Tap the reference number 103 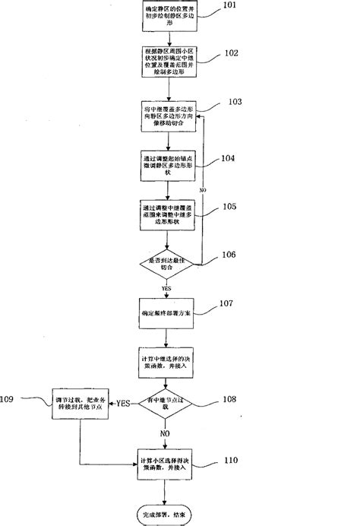[x=232, y=101]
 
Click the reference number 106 [x=232, y=258]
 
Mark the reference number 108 [x=232, y=398]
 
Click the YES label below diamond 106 [x=165, y=289]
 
